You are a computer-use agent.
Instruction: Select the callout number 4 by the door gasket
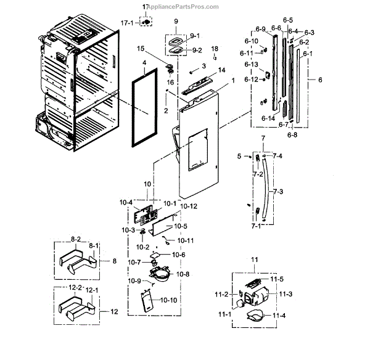pos(144,63)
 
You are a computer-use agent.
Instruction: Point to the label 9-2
pos(197,51)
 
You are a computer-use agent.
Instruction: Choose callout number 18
pos(215,48)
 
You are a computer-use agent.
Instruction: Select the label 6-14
pos(268,118)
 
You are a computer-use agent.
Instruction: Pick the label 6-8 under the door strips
pos(292,134)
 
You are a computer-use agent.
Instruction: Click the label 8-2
pos(76,238)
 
